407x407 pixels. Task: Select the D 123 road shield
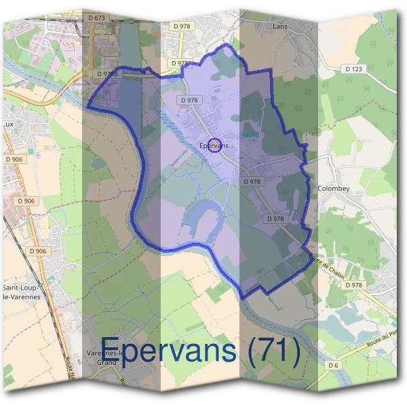tap(353, 69)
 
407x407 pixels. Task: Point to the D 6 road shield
tap(332, 366)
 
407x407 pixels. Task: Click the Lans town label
tap(280, 26)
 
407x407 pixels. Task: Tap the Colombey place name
tap(333, 189)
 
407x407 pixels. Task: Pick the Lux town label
tap(9, 125)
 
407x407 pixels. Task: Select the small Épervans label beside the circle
tap(214, 145)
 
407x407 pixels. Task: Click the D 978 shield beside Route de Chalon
tap(353, 285)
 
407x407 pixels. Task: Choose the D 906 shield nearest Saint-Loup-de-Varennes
tap(38, 251)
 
